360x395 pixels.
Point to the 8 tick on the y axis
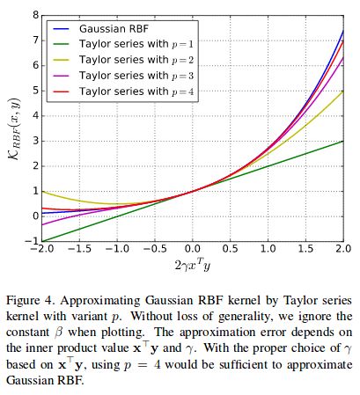click(33, 15)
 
